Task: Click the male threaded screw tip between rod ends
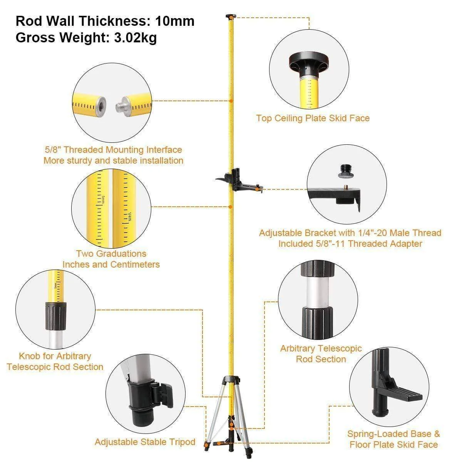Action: click(122, 105)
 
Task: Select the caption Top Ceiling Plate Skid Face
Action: click(313, 118)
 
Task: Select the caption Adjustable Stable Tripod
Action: click(145, 442)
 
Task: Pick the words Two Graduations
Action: click(111, 254)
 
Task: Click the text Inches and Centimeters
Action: click(111, 264)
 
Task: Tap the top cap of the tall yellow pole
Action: click(231, 16)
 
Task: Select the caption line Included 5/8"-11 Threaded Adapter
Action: click(350, 244)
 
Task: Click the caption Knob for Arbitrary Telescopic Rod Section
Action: click(55, 362)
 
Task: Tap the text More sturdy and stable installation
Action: click(113, 161)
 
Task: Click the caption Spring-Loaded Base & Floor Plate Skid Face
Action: click(393, 439)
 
